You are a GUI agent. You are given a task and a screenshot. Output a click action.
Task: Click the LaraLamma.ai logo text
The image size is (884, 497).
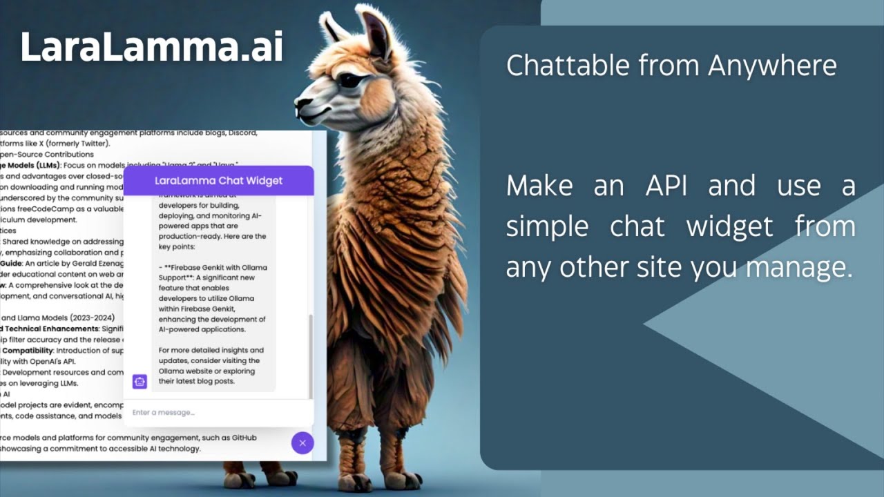tap(151, 48)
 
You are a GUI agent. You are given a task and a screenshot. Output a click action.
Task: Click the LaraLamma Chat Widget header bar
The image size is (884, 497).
tap(218, 181)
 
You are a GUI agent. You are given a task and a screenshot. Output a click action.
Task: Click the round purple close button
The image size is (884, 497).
tap(302, 442)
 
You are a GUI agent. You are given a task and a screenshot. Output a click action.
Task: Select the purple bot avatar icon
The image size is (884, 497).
tap(140, 381)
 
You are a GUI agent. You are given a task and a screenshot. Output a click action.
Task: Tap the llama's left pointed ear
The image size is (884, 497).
tap(335, 28)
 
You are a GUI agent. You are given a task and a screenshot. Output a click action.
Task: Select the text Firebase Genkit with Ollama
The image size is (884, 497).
tap(215, 267)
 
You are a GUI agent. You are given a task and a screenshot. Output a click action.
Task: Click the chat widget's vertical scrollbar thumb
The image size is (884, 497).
tap(310, 355)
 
